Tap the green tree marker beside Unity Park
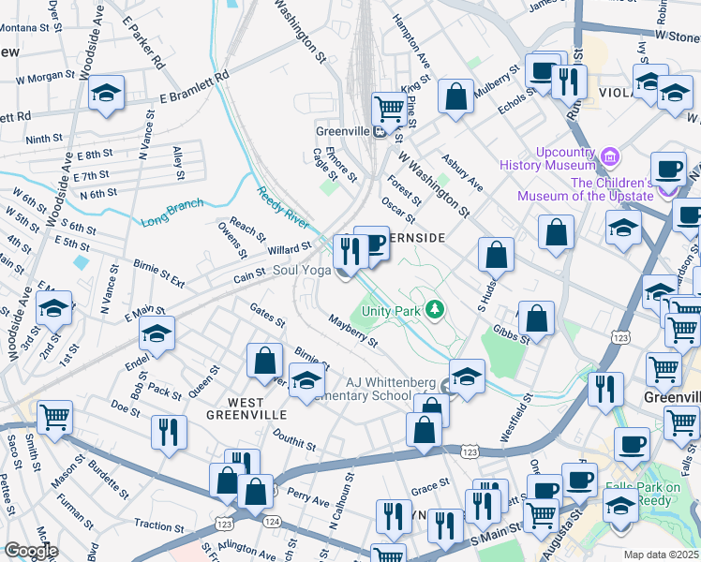coord(434,308)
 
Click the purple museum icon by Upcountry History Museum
coord(611,155)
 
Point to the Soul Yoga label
coord(302,271)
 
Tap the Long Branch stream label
coord(172,214)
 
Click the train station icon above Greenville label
coord(381,131)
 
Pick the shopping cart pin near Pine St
coord(387,107)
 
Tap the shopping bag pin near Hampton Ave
coord(455,96)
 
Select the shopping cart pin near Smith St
coord(55,417)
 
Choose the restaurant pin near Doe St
coord(169,431)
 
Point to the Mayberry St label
coord(352,332)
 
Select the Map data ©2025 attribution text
coord(662,555)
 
